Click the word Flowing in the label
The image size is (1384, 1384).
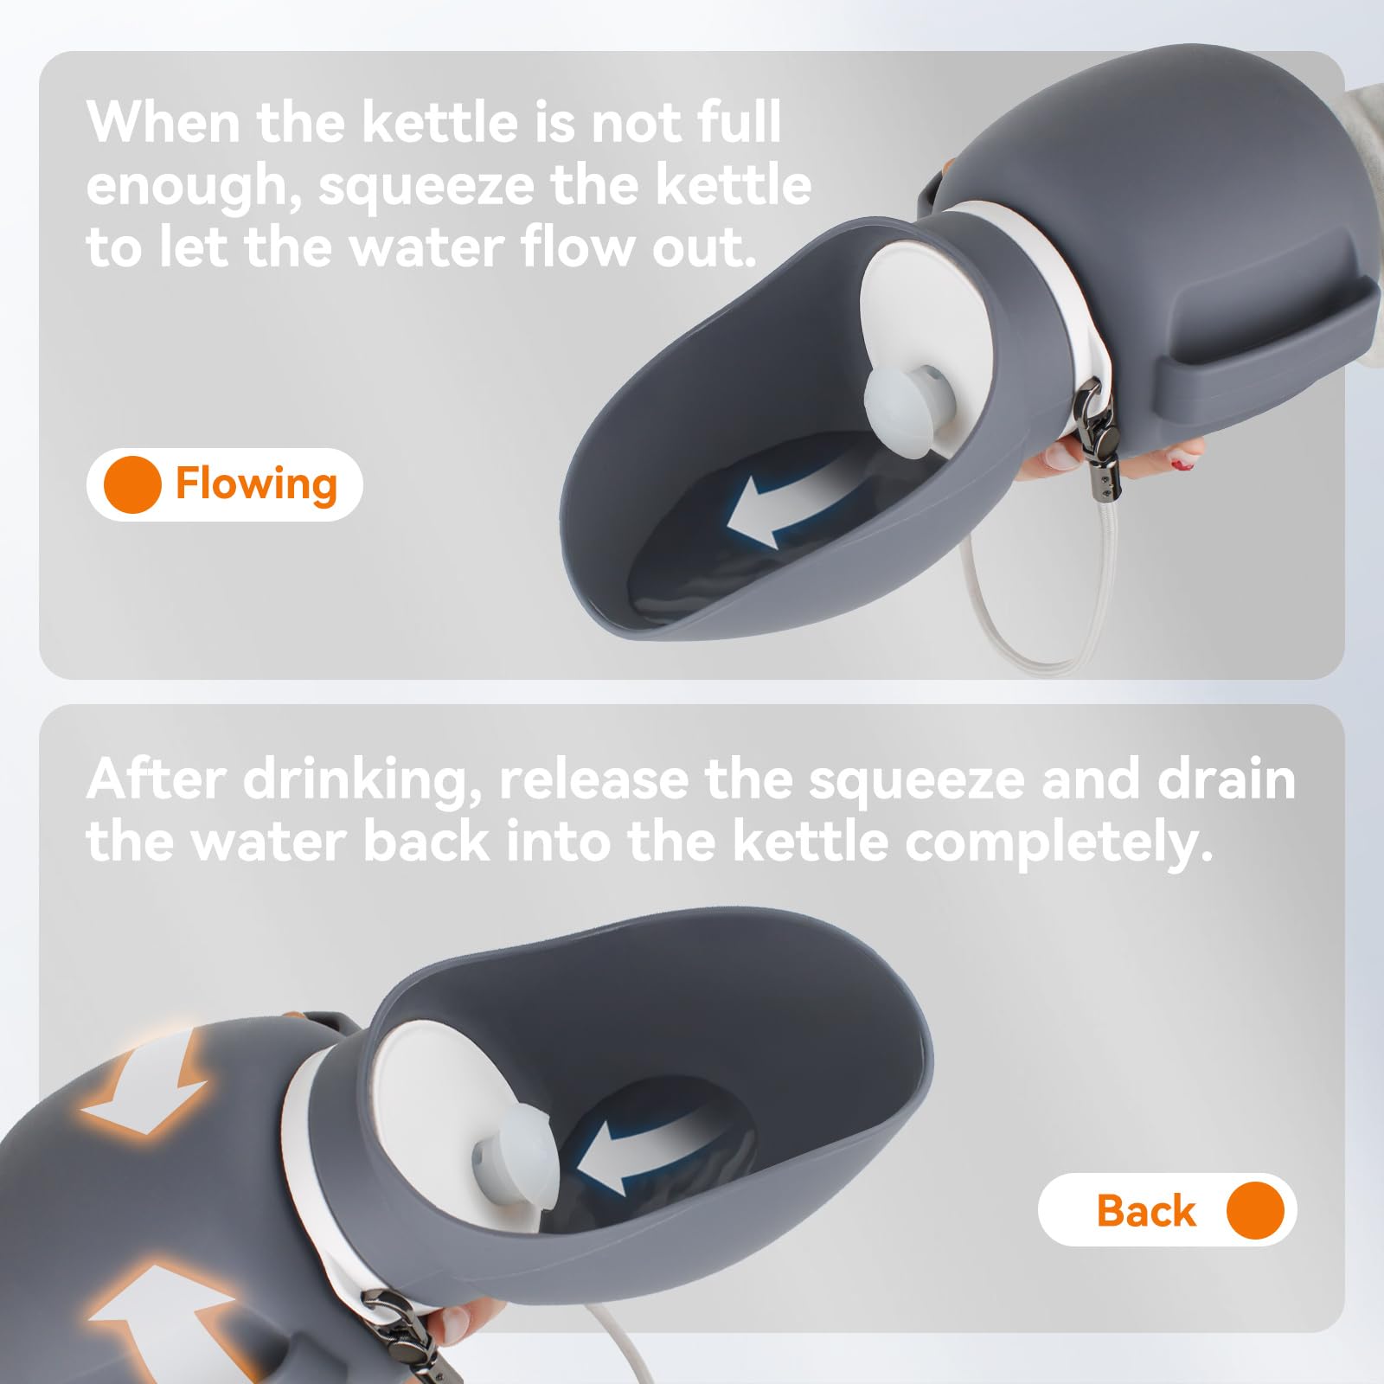[x=256, y=484]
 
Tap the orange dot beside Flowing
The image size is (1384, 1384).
[x=132, y=484]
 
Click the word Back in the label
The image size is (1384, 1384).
[x=1146, y=1210]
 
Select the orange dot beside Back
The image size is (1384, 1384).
[x=1255, y=1209]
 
